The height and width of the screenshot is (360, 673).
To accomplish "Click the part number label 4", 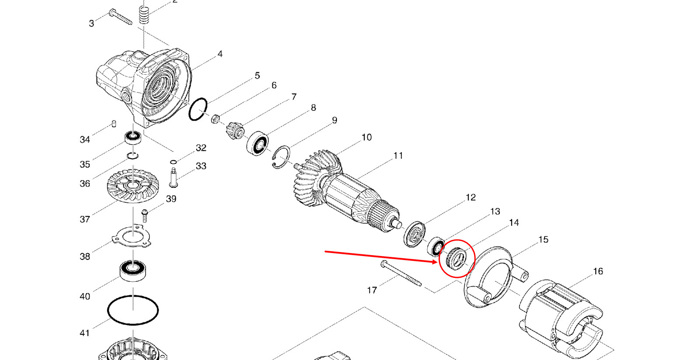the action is (220, 54).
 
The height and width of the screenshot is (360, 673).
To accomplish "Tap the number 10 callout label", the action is (367, 137).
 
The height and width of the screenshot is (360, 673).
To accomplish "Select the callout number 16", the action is (598, 271).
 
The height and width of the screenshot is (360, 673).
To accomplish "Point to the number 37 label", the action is (85, 219).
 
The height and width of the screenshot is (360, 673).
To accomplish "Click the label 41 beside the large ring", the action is (85, 333).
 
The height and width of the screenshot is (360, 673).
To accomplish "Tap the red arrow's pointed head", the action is (437, 262).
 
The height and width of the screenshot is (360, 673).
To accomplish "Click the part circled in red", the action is (457, 258).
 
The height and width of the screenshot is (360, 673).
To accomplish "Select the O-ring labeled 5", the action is (198, 109).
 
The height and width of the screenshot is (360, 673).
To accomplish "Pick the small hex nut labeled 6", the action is (215, 119).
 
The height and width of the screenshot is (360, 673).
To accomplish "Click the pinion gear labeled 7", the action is (236, 131).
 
